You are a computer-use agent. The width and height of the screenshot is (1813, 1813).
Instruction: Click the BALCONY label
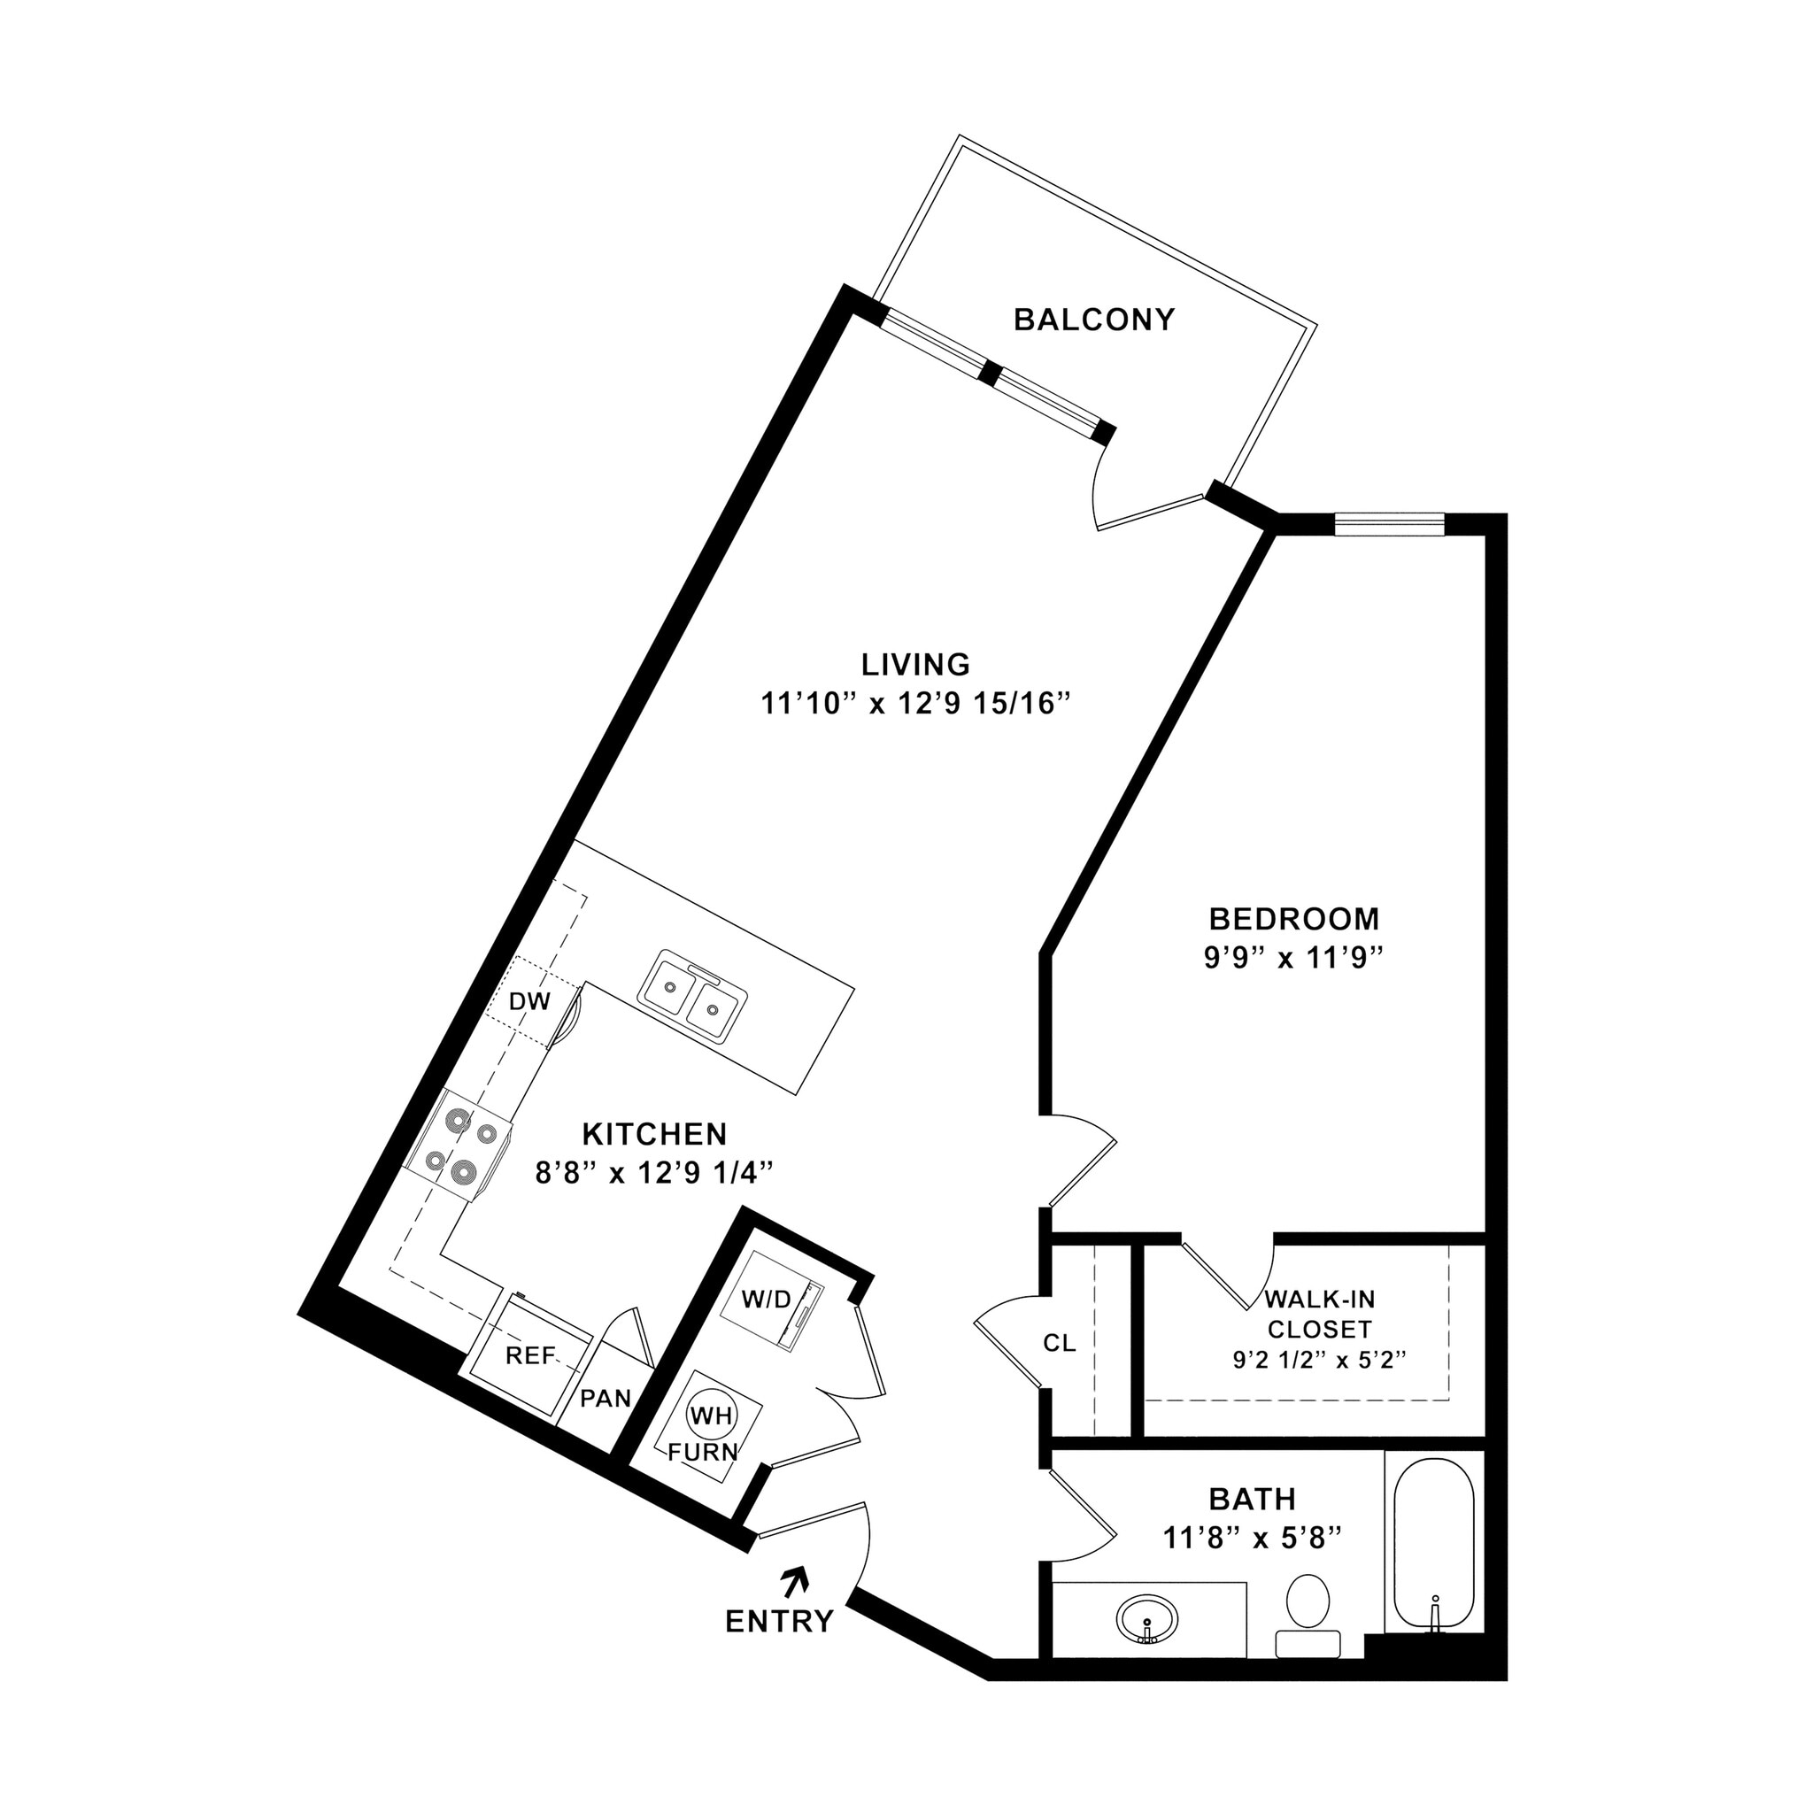click(1093, 320)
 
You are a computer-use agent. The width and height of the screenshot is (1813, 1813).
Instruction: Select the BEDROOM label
click(1294, 918)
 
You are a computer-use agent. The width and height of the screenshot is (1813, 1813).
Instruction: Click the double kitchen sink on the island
click(693, 997)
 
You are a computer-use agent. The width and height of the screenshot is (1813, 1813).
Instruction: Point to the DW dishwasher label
click(529, 1001)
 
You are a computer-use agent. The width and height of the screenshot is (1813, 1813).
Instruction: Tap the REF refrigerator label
click(530, 1355)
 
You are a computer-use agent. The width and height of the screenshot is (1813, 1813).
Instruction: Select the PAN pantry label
click(606, 1398)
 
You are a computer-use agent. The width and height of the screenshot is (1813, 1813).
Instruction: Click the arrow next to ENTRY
click(796, 1579)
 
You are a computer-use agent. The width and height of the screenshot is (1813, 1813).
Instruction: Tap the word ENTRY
click(779, 1622)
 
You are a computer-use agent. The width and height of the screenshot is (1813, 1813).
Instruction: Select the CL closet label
click(1060, 1343)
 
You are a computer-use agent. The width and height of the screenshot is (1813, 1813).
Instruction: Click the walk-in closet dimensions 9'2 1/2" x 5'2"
click(1318, 1360)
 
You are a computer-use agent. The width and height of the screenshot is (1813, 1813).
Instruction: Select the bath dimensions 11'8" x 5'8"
click(1252, 1538)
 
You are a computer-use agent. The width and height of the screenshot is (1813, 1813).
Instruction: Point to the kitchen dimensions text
click(654, 1173)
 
